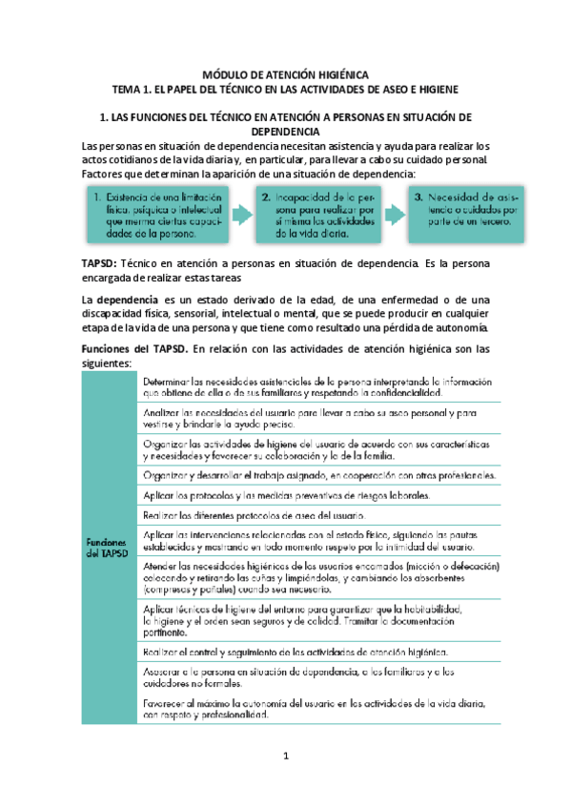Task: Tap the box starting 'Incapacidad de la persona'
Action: point(309,215)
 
